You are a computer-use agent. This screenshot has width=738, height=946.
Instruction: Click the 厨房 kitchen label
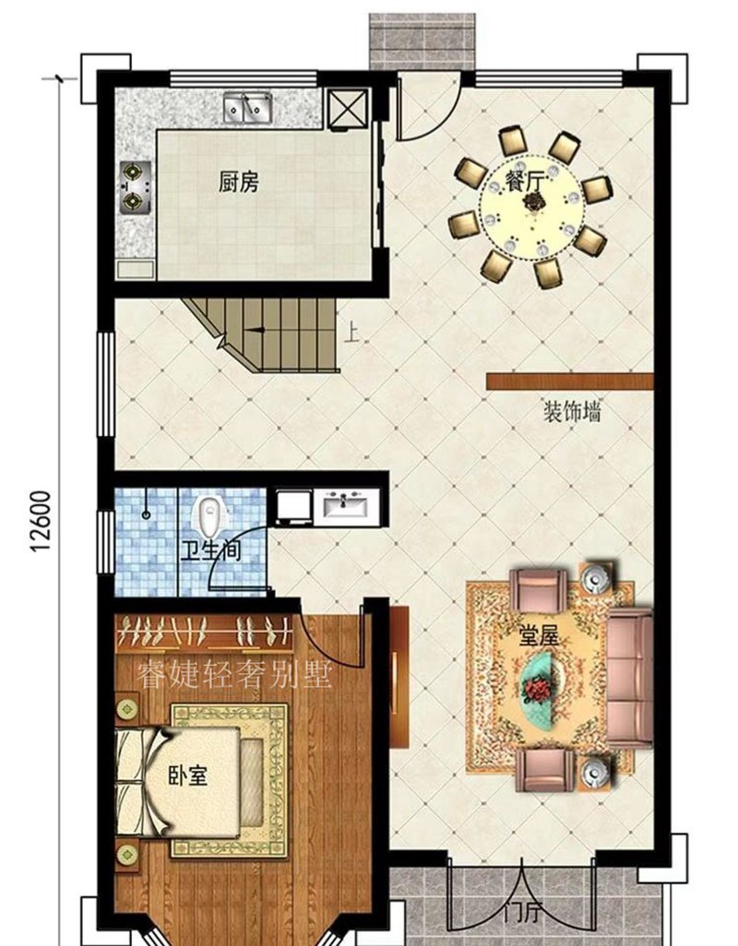click(238, 183)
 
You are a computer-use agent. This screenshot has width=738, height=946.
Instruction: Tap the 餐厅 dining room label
click(523, 182)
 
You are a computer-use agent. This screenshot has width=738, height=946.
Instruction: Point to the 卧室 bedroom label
click(187, 776)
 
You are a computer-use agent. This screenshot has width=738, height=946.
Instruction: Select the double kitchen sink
click(245, 110)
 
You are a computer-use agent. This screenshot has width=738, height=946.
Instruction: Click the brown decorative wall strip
click(569, 380)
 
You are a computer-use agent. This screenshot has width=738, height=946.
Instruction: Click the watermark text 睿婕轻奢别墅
click(232, 676)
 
